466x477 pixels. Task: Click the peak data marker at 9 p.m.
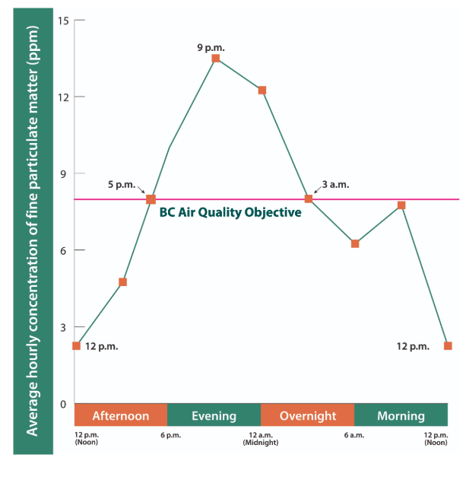[216, 59]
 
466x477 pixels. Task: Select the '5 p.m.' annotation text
[121, 184]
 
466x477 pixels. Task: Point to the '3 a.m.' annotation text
[335, 184]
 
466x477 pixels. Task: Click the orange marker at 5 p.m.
[151, 199]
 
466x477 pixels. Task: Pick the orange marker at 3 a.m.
[309, 199]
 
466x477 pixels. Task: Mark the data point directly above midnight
[262, 91]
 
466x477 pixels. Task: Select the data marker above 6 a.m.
[355, 243]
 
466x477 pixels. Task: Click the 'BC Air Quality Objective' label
[230, 213]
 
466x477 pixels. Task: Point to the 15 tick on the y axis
[64, 21]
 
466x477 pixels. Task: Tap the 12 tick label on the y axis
[64, 97]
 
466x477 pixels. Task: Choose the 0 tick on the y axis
[64, 404]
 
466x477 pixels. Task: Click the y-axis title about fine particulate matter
[33, 238]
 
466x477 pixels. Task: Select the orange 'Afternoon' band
[121, 415]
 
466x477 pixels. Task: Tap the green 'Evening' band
[214, 415]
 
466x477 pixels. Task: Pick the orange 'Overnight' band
[307, 415]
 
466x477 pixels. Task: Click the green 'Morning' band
[401, 415]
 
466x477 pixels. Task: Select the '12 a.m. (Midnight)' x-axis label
[262, 438]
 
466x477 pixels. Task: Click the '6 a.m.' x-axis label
[355, 435]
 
